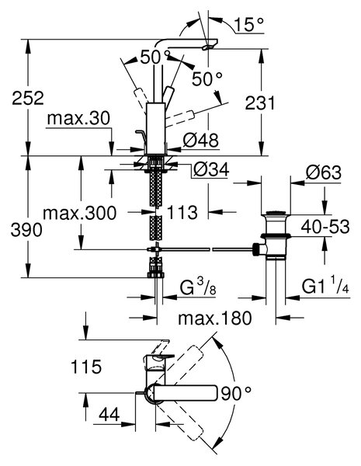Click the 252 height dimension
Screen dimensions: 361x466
click(x=28, y=98)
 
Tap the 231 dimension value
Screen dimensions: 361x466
click(x=260, y=103)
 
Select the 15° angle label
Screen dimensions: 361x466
click(x=248, y=24)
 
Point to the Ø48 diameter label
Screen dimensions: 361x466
click(x=201, y=140)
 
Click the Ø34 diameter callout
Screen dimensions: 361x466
click(x=211, y=169)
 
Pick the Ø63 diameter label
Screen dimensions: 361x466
click(x=323, y=172)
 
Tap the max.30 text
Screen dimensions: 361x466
click(x=78, y=118)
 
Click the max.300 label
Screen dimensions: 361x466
click(x=80, y=213)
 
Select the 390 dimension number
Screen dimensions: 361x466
click(x=26, y=230)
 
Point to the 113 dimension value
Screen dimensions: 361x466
click(x=182, y=213)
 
